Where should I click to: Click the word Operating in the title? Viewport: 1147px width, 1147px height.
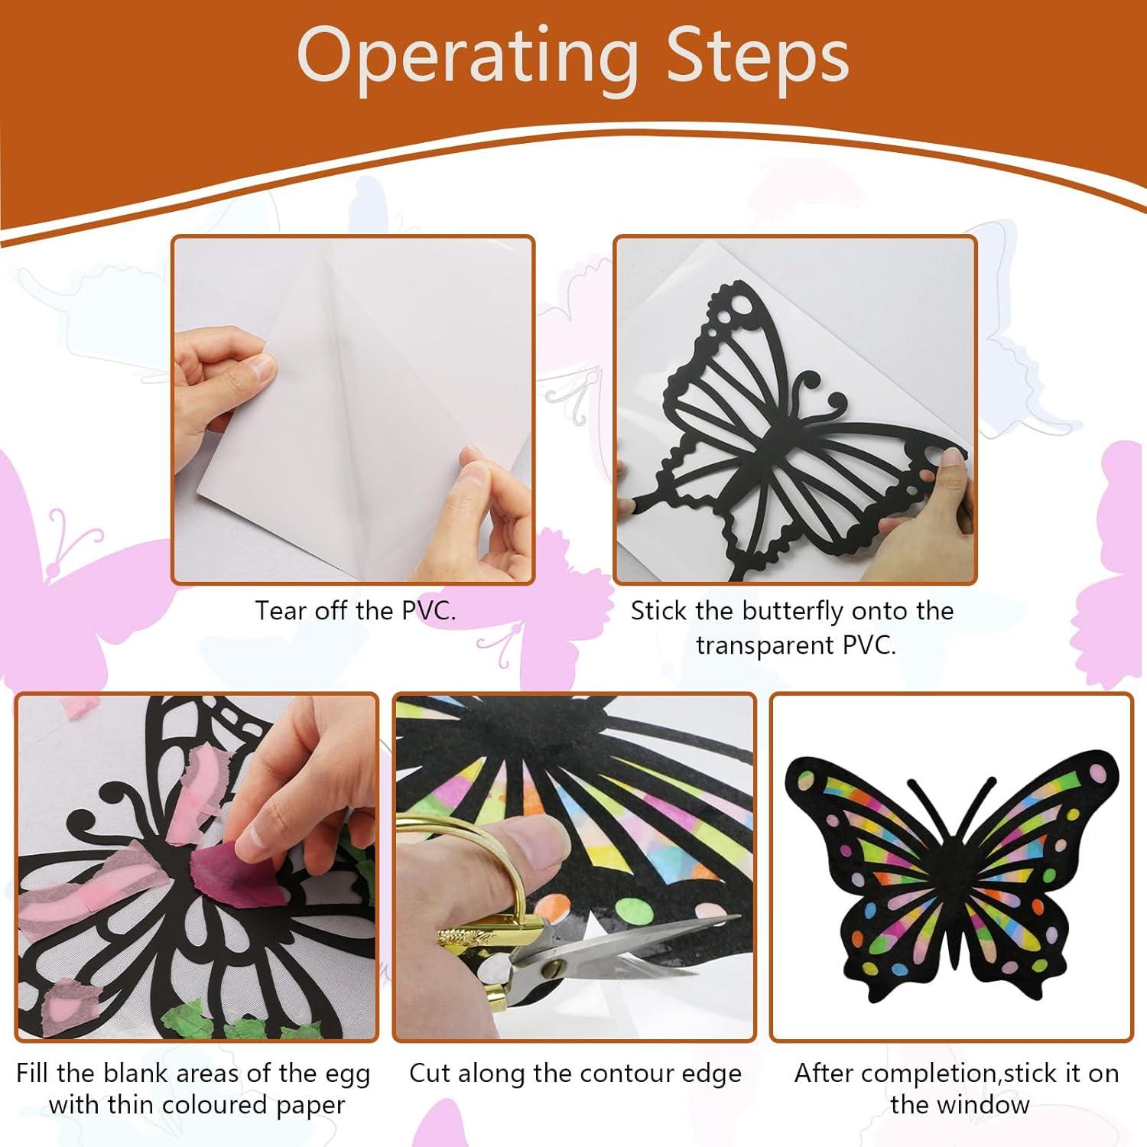tap(466, 57)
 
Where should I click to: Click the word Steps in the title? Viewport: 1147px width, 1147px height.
tap(757, 57)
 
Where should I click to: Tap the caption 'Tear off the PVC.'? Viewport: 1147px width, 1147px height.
tap(355, 610)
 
